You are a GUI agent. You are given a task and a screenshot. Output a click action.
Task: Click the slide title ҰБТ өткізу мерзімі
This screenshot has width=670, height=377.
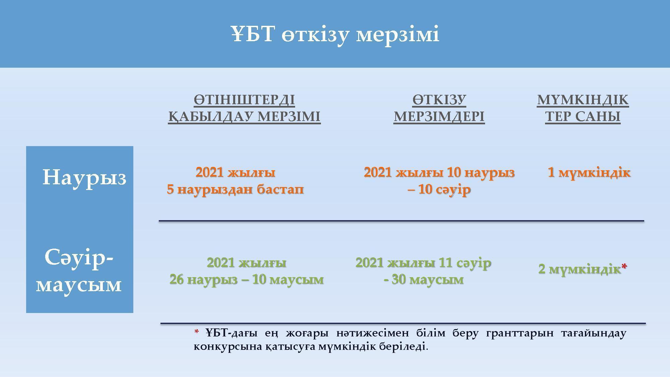coord(335,34)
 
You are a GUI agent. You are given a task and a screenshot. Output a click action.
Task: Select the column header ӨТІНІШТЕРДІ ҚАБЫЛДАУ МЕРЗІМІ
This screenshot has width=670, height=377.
coord(244,108)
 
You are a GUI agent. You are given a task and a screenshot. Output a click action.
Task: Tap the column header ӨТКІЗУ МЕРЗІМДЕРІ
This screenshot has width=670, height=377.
coord(439,108)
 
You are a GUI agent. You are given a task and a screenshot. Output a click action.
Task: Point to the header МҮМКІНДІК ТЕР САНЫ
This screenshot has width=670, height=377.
coord(583,108)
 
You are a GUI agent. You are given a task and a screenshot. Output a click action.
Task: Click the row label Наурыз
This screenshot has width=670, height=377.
coord(84,178)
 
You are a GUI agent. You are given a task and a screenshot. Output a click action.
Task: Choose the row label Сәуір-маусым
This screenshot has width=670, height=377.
coord(79,270)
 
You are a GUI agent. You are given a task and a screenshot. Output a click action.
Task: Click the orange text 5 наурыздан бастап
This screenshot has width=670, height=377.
coord(236,189)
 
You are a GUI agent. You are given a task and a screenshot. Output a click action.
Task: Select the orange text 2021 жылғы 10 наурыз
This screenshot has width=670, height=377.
coord(439,173)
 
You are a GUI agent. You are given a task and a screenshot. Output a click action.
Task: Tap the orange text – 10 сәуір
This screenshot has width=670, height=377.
coord(439,190)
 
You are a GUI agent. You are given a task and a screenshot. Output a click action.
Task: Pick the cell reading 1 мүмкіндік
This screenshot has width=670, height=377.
coord(589,173)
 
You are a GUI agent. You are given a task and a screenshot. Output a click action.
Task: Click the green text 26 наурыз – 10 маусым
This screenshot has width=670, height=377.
coord(247,279)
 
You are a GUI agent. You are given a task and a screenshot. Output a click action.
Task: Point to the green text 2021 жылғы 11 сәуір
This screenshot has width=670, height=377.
coord(423,263)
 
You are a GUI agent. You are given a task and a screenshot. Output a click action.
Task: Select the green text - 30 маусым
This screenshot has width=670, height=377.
coord(423,279)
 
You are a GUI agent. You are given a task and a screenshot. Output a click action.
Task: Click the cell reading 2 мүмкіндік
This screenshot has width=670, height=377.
coord(580,269)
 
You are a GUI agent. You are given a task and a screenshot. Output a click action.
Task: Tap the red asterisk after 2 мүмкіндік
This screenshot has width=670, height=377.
coord(624,267)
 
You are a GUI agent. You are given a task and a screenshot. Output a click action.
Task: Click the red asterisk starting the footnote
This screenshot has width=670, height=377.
coord(197,332)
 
